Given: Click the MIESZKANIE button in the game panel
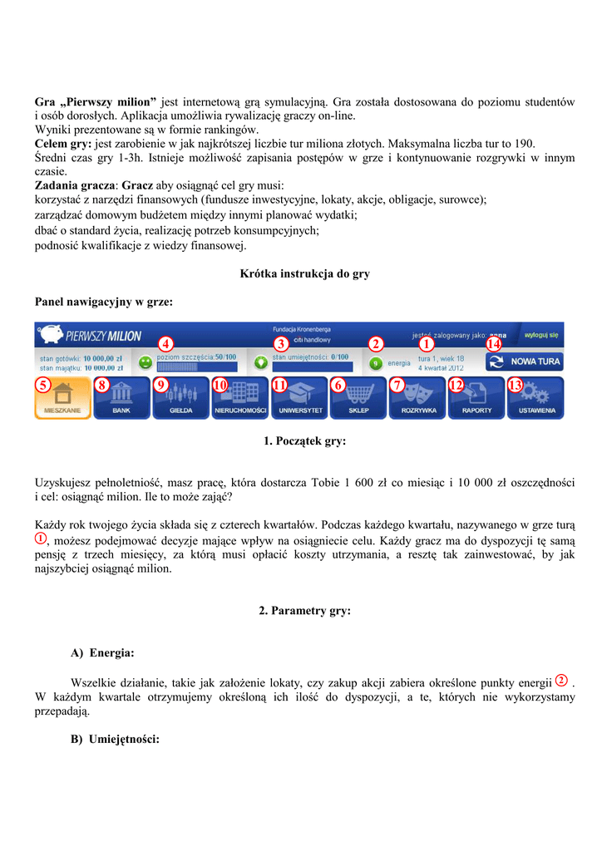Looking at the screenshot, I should point(63,399).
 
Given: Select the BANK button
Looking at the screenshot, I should point(121,399).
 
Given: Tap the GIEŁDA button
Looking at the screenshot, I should point(181,399).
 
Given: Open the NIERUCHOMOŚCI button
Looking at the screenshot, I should point(240,399).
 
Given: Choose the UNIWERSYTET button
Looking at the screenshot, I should point(300,399).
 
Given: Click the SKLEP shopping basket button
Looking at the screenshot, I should point(358,399).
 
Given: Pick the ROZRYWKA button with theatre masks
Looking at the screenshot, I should point(417,399).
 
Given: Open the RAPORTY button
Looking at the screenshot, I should point(476,399).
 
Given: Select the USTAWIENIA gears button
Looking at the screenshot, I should point(536,399).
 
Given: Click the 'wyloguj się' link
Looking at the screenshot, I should point(541,334).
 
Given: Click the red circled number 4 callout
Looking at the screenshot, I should point(165,344).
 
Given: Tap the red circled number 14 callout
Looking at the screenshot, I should point(494,344).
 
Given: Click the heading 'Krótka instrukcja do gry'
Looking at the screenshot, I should point(304,273).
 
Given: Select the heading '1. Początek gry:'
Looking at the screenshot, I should point(304,441).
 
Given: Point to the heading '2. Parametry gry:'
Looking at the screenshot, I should point(304,611).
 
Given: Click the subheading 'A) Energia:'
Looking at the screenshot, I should point(103,653).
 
